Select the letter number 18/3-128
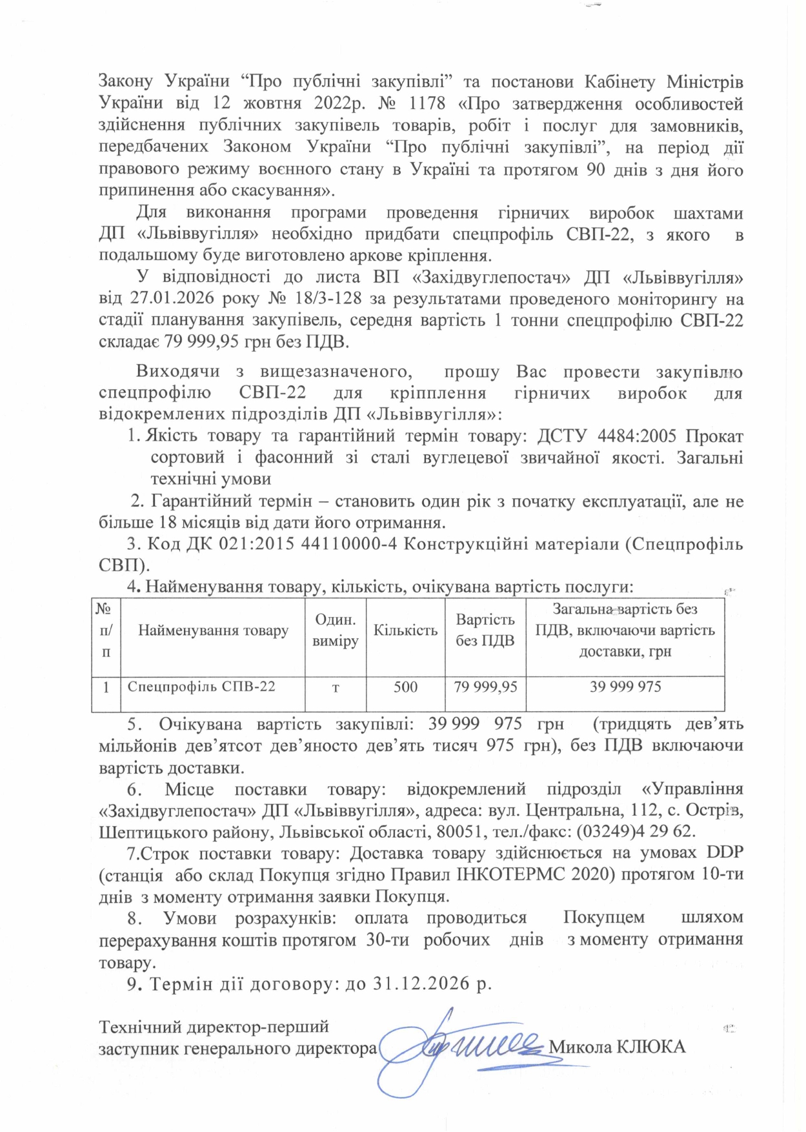pyautogui.click(x=308, y=299)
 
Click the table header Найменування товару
pyautogui.click(x=213, y=631)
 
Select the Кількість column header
pyautogui.click(x=405, y=631)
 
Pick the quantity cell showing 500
pyautogui.click(x=405, y=687)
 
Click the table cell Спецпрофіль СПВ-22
pyautogui.click(x=201, y=686)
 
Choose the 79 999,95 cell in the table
pyautogui.click(x=485, y=687)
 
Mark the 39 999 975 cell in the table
pyautogui.click(x=625, y=687)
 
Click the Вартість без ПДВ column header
pyautogui.click(x=485, y=630)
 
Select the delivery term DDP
pyautogui.click(x=725, y=853)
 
